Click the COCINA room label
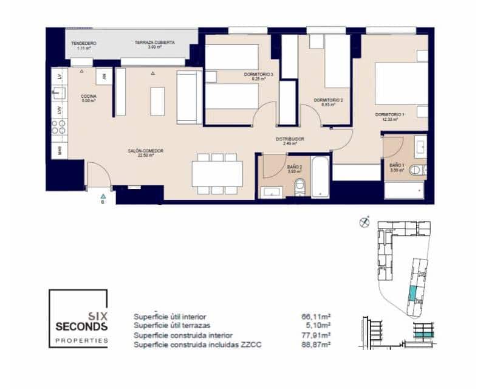pyautogui.click(x=89, y=96)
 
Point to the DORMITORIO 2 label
pyautogui.click(x=329, y=100)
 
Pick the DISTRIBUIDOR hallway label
pyautogui.click(x=290, y=139)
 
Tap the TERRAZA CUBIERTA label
pyautogui.click(x=155, y=43)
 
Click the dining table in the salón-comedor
pyautogui.click(x=217, y=174)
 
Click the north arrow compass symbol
pyautogui.click(x=364, y=221)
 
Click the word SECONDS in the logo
pyautogui.click(x=81, y=326)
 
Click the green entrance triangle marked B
pyautogui.click(x=103, y=196)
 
